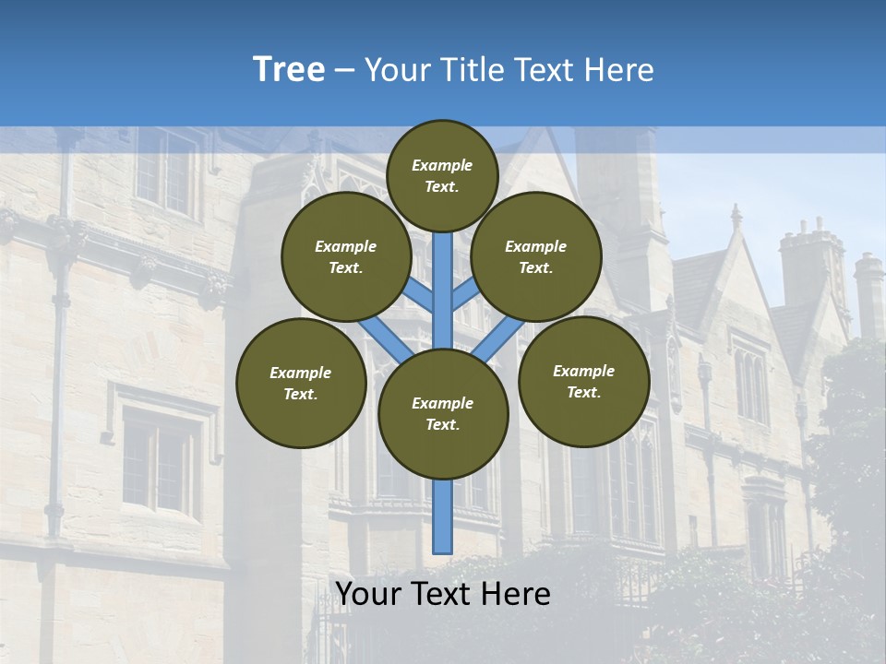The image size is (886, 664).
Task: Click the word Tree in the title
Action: point(289,69)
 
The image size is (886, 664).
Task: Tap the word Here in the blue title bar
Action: point(619,69)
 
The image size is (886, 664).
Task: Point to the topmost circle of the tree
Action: point(442,175)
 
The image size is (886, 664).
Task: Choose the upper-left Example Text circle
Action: point(346,256)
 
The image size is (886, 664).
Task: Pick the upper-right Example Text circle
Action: point(536,256)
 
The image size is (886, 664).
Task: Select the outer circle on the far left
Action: point(301,383)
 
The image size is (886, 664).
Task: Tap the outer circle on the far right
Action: point(583,381)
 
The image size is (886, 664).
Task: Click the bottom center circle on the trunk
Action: point(443,413)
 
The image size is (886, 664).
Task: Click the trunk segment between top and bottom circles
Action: point(443,277)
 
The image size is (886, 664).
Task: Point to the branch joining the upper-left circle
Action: point(420,295)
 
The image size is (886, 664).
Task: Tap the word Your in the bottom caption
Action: point(367,594)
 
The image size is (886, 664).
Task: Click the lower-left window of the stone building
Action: point(159,461)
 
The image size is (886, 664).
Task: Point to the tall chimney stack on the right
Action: point(809,267)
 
